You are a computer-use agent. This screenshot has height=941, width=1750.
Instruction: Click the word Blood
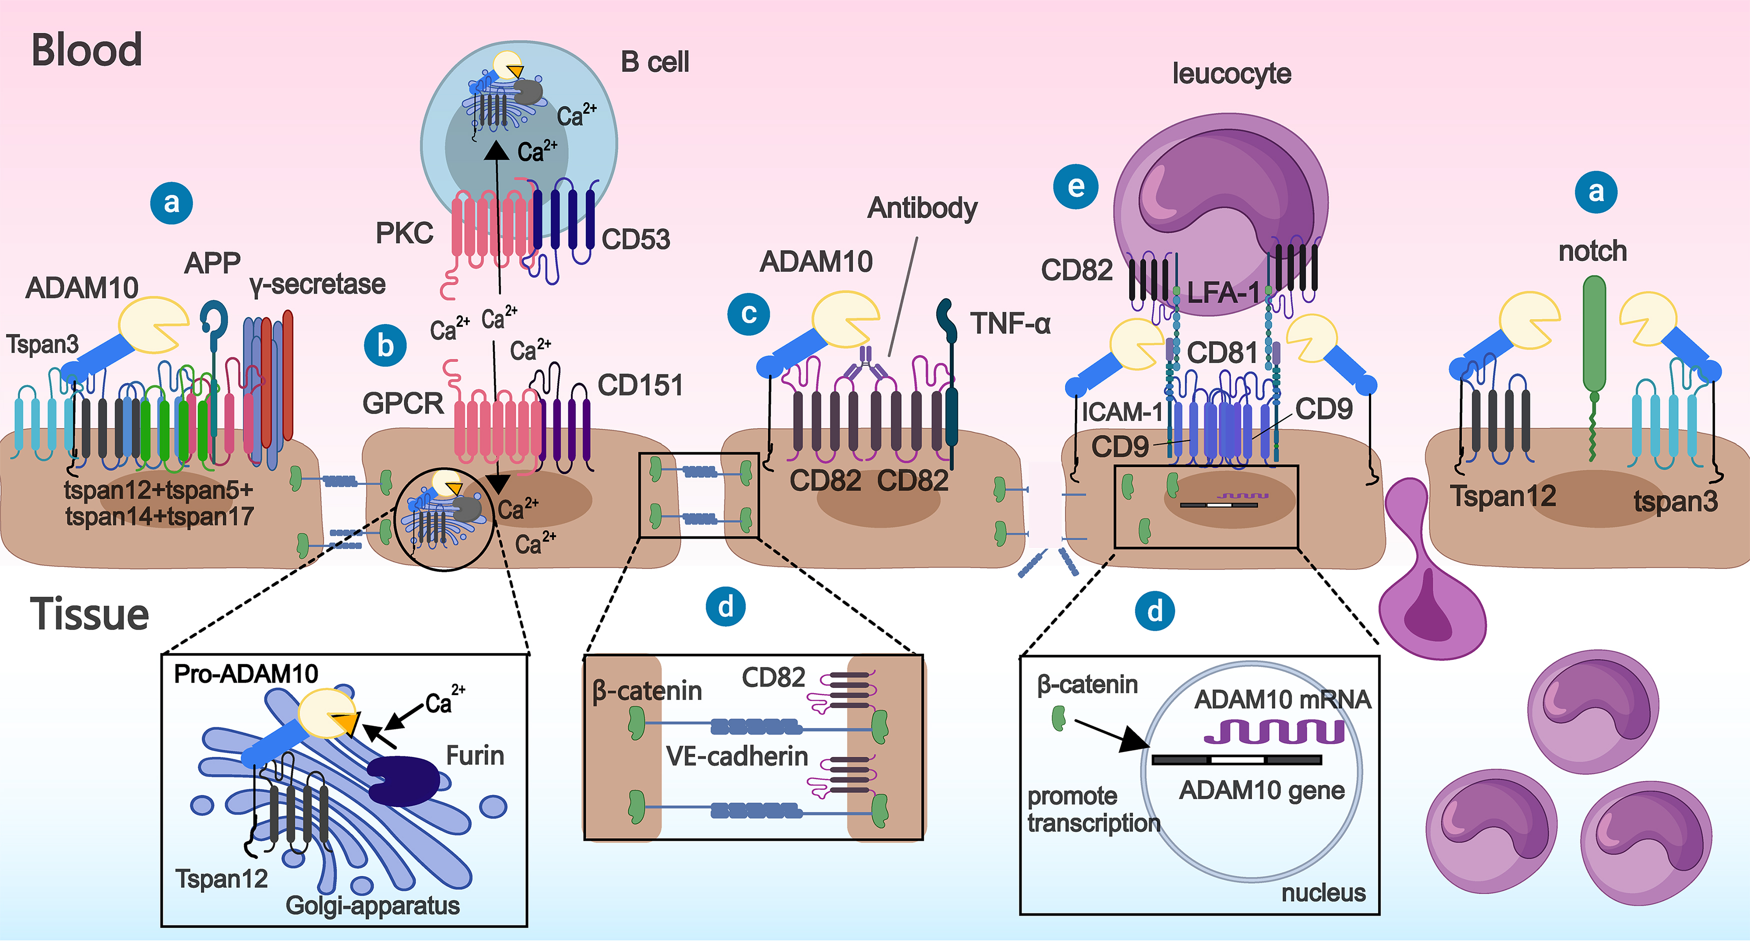(x=87, y=50)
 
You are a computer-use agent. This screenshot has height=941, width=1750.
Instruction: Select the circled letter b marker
(x=385, y=346)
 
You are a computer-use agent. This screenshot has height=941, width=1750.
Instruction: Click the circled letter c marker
(x=748, y=314)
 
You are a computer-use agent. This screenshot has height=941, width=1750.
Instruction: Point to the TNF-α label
(x=1009, y=323)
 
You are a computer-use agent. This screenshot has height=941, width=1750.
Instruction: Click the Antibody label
(x=922, y=208)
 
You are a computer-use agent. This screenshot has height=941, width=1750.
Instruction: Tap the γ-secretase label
(x=317, y=284)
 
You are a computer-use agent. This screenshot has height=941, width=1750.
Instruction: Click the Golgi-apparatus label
(x=372, y=905)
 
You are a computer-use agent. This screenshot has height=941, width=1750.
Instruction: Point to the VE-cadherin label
(x=736, y=756)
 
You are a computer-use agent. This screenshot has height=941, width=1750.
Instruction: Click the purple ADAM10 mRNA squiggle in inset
(x=1274, y=731)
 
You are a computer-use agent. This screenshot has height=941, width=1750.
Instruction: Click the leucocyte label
(x=1231, y=73)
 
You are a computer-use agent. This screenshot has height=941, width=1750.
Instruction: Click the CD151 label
(x=640, y=385)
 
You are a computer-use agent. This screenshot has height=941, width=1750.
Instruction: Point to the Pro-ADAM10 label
(x=246, y=674)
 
